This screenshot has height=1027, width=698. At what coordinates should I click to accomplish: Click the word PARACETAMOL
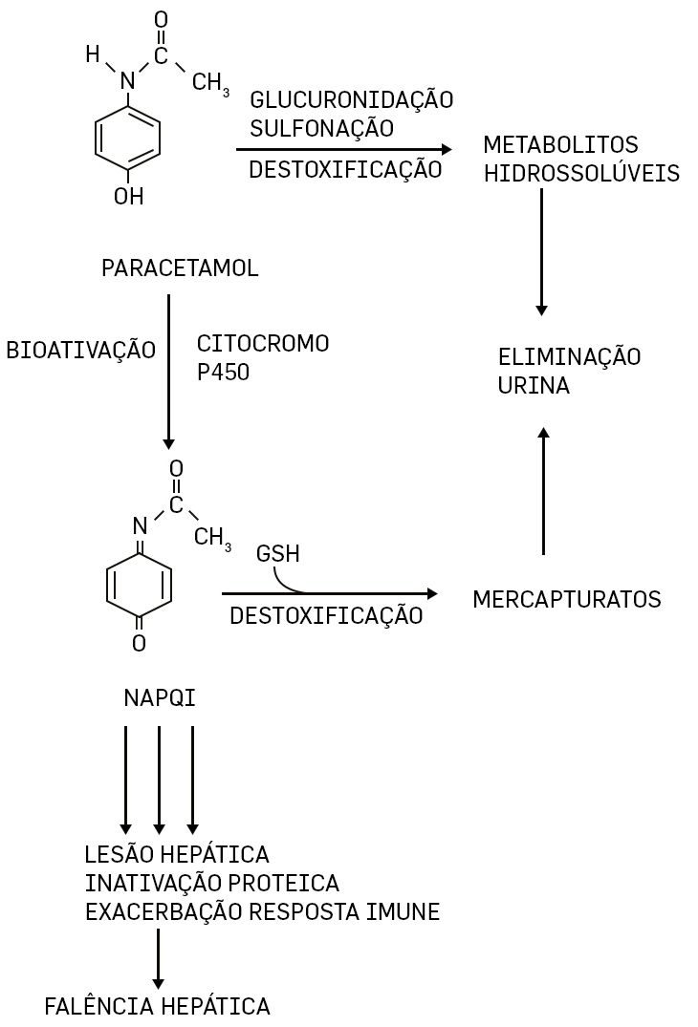(180, 268)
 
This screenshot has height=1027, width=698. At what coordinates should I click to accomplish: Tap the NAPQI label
(160, 698)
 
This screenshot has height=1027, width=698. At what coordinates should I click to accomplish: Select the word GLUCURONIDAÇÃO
(351, 99)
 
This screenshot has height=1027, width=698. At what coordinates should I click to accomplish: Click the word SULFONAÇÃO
(320, 128)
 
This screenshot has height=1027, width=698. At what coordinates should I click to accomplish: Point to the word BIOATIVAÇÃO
(80, 351)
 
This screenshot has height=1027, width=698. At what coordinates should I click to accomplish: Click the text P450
(223, 373)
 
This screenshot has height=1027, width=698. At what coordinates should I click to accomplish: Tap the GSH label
(277, 554)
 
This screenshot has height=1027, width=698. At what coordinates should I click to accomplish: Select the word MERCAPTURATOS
(567, 600)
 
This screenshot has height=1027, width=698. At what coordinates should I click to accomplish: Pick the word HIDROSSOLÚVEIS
(581, 174)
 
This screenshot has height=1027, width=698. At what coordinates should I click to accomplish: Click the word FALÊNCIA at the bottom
(99, 1006)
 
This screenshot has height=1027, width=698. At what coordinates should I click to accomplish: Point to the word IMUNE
(403, 912)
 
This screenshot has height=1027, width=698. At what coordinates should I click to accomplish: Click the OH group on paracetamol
(128, 197)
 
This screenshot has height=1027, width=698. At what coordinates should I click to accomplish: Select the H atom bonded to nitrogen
(93, 54)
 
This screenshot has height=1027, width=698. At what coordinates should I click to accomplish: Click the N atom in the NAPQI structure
(140, 524)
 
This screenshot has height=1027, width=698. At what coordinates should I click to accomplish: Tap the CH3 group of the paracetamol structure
(210, 83)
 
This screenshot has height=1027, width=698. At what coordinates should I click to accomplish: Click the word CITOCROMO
(262, 343)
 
